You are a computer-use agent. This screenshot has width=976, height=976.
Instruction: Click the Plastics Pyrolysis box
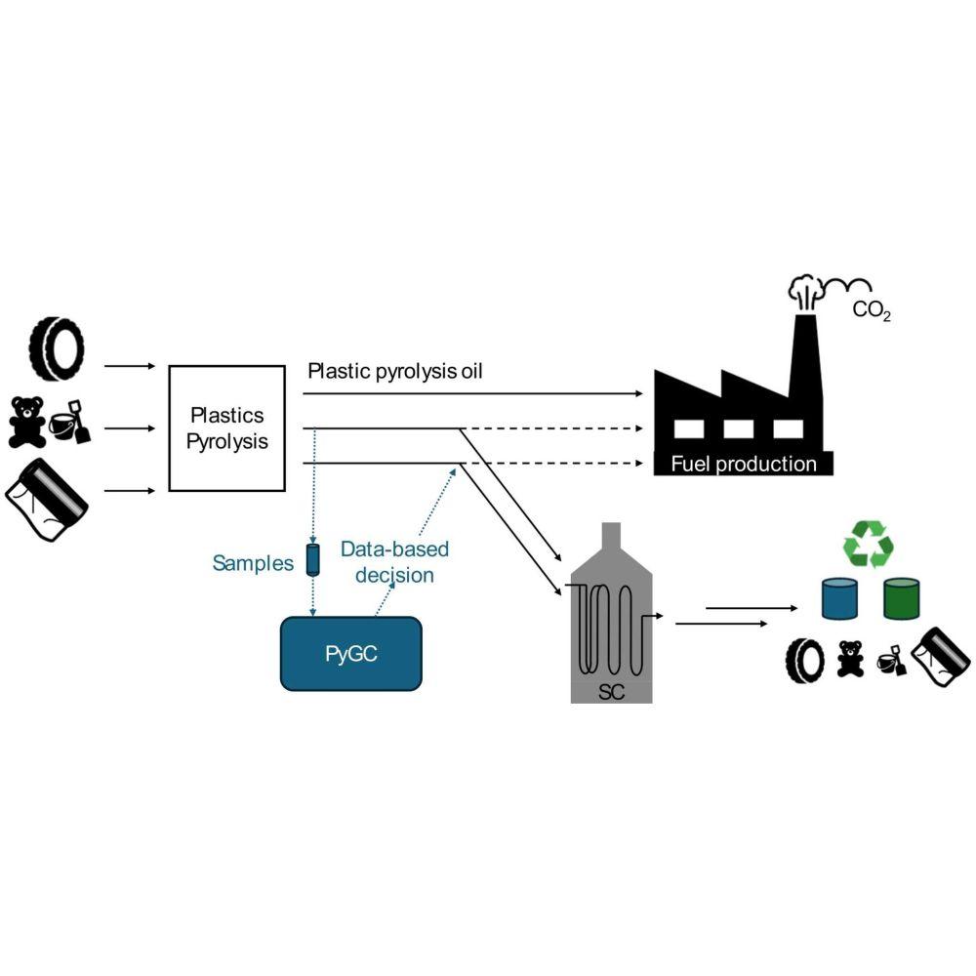tap(227, 427)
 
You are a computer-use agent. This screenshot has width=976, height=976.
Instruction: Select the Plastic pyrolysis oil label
tap(409, 372)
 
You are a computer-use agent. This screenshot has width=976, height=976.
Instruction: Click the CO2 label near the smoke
tap(872, 313)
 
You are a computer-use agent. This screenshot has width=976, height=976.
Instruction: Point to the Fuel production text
tap(743, 464)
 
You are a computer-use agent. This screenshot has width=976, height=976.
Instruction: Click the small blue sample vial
tap(313, 559)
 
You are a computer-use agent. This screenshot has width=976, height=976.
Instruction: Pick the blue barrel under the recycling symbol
tap(839, 599)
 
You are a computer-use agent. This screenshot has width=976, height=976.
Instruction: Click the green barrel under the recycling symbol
tap(902, 599)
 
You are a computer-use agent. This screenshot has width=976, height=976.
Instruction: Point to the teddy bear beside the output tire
tap(851, 659)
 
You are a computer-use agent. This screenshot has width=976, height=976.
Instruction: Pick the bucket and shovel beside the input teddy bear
tap(69, 422)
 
